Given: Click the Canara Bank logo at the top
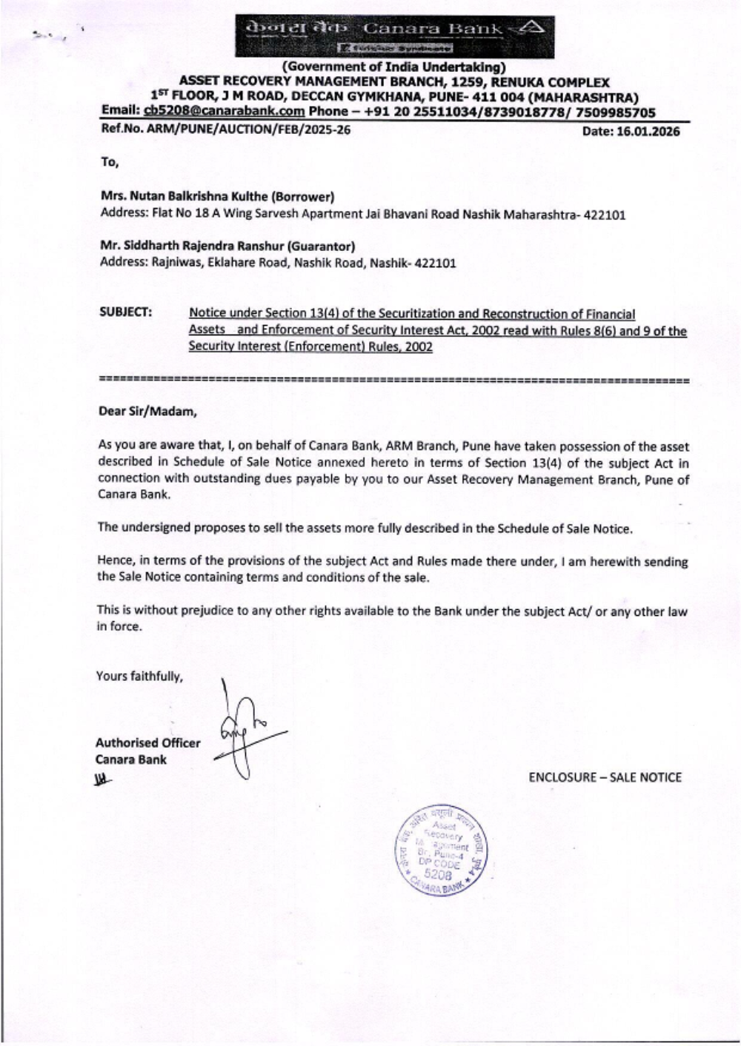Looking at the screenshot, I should [394, 36].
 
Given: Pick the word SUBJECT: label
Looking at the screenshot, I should [126, 312].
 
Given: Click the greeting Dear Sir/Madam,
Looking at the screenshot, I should [147, 412].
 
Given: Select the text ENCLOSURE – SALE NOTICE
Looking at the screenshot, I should [605, 777].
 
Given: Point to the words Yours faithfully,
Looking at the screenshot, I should [139, 676].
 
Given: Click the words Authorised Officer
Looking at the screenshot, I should [147, 743].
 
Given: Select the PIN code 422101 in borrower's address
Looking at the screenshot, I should [605, 215].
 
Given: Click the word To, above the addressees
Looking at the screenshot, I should [110, 162].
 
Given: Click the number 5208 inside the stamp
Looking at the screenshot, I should [438, 874].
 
